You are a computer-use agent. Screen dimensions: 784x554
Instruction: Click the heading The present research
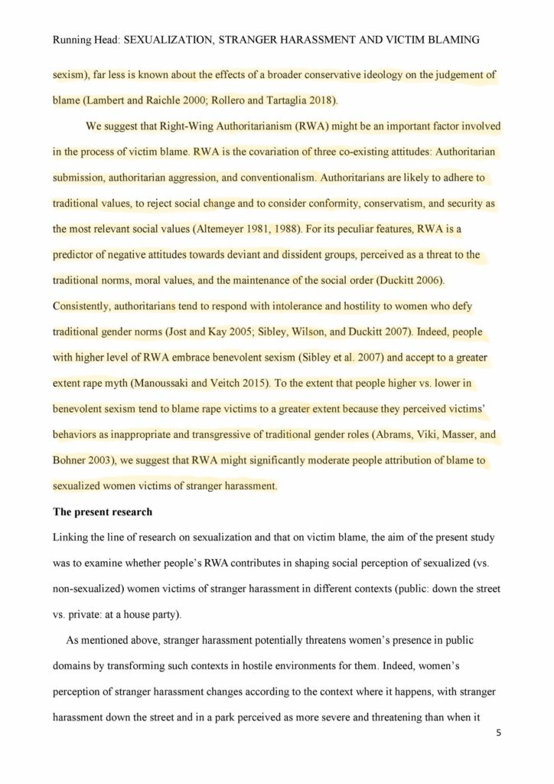(102, 511)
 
